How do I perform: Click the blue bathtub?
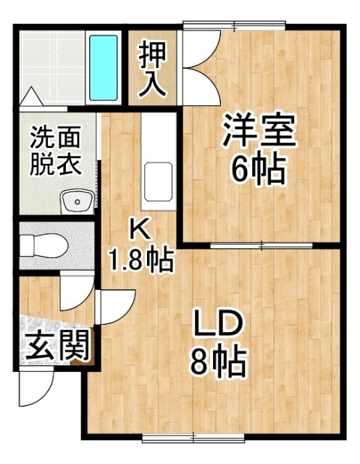(x=104, y=67)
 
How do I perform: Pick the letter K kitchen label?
(x=139, y=231)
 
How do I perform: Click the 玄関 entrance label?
(x=58, y=346)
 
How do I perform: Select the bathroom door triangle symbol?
(x=31, y=95)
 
